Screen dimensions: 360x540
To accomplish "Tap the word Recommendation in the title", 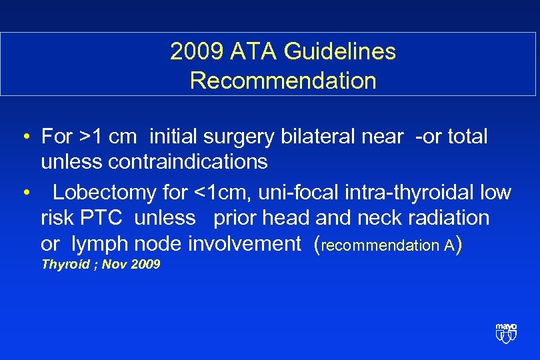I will point(283,81).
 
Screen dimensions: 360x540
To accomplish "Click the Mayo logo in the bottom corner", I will point(506,331).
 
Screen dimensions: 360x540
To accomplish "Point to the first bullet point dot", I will point(24,138).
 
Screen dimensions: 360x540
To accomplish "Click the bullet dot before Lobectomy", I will point(24,193).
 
